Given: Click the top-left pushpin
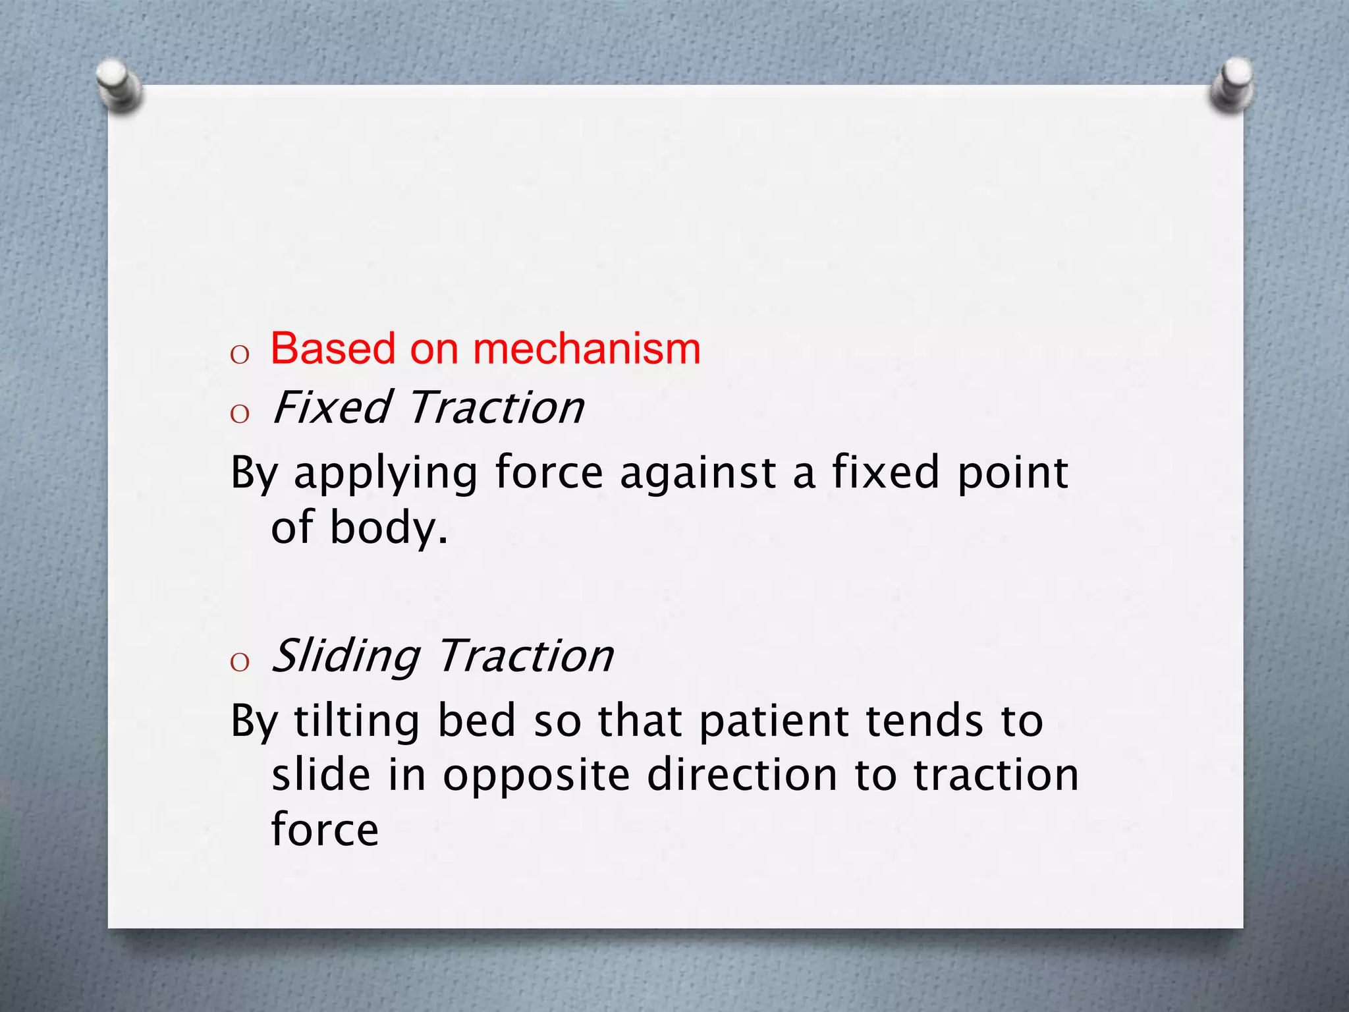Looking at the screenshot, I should pos(119,86).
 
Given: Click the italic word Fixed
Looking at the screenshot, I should pos(333,407).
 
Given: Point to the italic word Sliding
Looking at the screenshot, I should pos(346,656).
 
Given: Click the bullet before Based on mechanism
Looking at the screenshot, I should pos(240,355).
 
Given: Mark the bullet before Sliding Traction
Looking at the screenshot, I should pos(240,662).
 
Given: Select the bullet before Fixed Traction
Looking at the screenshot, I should pos(240,414).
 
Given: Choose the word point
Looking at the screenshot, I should pos(1012,473).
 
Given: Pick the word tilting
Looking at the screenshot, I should pos(356,721).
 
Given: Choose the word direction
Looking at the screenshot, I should pos(742,775).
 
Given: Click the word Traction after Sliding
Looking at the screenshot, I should pos(526,656).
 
